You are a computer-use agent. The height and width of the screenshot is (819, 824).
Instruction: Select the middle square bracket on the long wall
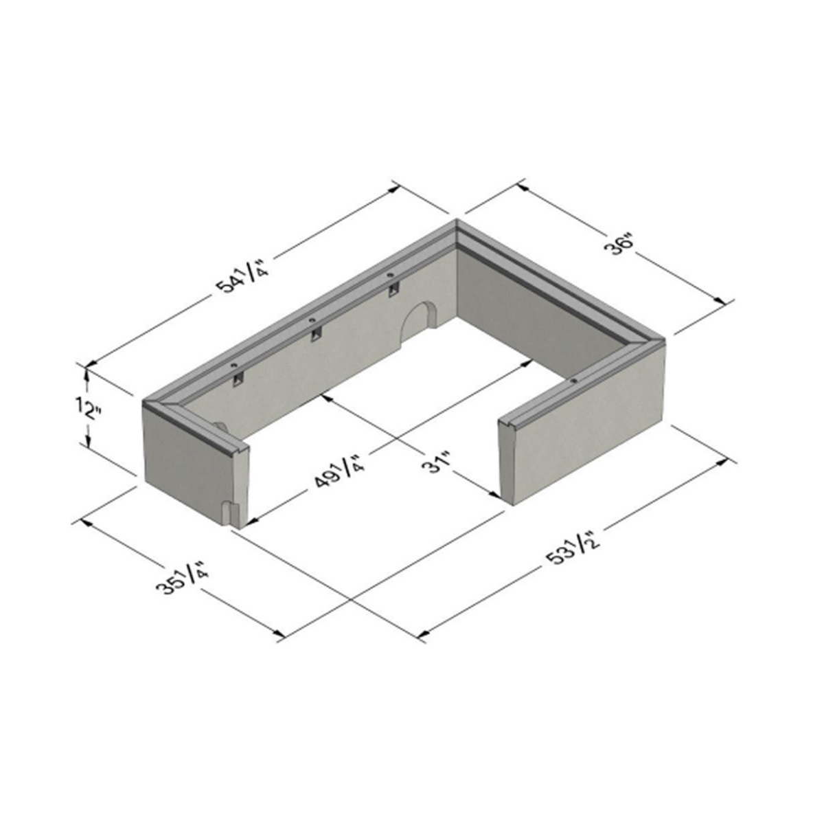pos(315,334)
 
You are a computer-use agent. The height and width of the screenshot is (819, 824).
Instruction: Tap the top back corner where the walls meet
pos(457,222)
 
